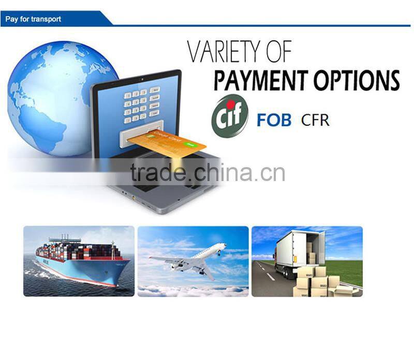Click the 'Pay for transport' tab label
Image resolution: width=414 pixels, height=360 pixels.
pyautogui.click(x=33, y=19)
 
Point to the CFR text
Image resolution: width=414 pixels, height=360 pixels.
pyautogui.click(x=315, y=121)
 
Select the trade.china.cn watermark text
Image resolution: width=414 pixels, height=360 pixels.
pyautogui.click(x=207, y=173)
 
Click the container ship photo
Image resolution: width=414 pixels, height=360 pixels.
pyautogui.click(x=79, y=261)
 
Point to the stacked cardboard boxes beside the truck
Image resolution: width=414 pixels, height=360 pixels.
pyautogui.click(x=316, y=282)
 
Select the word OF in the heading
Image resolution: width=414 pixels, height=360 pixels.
pyautogui.click(x=276, y=53)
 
